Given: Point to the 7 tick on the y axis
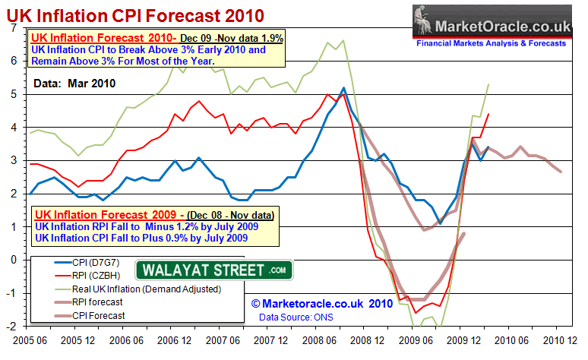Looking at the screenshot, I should [x=16, y=28].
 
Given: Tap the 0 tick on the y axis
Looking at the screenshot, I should [x=16, y=260].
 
